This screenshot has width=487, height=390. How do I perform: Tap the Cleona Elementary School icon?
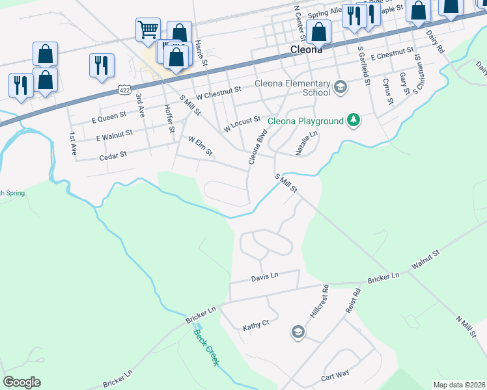click(x=339, y=87)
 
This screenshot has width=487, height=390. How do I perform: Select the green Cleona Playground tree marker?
click(x=353, y=120)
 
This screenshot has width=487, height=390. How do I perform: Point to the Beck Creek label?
click(x=205, y=346)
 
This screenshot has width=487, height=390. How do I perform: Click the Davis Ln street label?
click(x=264, y=277)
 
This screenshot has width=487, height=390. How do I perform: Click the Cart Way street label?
click(x=335, y=374)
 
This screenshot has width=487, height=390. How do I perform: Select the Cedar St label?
click(x=113, y=156)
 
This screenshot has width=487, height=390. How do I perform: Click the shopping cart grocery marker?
click(x=148, y=29)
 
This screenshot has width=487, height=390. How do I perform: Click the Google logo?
click(x=22, y=382)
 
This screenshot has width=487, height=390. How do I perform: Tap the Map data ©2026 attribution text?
click(x=458, y=385)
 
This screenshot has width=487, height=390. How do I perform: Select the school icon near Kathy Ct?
click(x=298, y=331)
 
